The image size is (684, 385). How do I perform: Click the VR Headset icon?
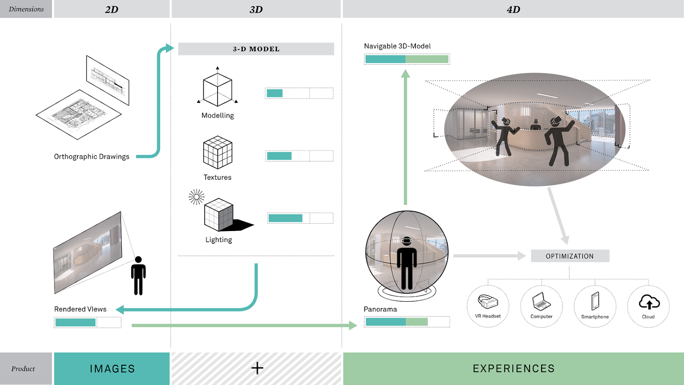[x=488, y=302]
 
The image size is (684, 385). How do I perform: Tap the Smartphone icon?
[x=595, y=301]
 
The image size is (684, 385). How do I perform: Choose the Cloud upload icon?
[x=649, y=302]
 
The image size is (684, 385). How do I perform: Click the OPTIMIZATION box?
[x=570, y=256]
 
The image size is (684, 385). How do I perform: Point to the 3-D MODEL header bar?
[x=256, y=49]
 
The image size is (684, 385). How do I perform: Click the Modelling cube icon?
[x=218, y=89]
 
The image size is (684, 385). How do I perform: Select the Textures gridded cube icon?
[x=218, y=152]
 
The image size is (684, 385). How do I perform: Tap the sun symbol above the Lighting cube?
[x=197, y=197]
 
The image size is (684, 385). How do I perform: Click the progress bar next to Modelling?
[x=299, y=93]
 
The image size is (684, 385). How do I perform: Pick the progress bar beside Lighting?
[x=300, y=218]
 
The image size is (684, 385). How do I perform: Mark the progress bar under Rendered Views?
[x=88, y=322]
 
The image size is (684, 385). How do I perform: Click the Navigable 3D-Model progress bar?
[x=407, y=59]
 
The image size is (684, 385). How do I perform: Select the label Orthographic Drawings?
[x=91, y=157]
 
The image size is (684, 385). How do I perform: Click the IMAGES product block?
[x=112, y=368]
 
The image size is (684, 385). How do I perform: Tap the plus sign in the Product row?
[x=257, y=368]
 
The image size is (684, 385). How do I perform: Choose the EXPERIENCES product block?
[x=513, y=368]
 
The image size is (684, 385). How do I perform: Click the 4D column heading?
[x=513, y=9]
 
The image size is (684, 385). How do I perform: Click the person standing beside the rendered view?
[x=138, y=276]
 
